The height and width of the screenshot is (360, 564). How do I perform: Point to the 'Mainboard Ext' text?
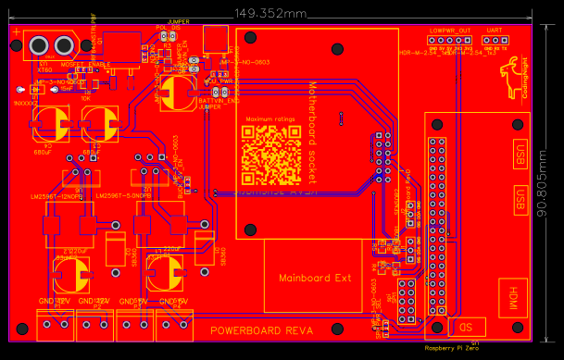point(316,278)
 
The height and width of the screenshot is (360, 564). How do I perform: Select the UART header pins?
point(494,41)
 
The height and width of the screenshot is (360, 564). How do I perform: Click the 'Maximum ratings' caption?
point(271,121)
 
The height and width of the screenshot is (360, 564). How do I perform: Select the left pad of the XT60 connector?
point(40,45)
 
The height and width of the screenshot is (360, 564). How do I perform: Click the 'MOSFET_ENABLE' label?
point(85,65)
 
